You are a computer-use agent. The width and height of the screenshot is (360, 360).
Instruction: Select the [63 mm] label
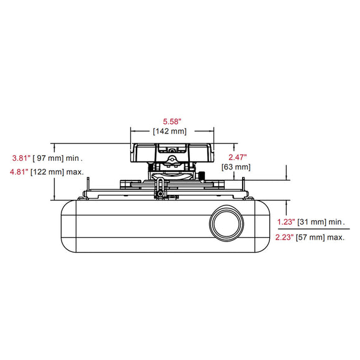coord(236,167)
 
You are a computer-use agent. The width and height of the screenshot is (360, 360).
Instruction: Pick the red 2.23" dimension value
coord(284,237)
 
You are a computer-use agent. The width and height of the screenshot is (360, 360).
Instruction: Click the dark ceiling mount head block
coord(172,153)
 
